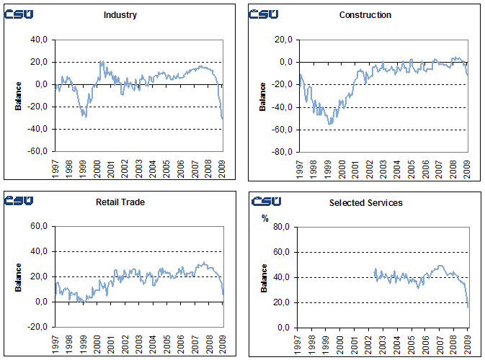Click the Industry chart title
(x=120, y=15)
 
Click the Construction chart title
(x=365, y=15)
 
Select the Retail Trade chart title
(x=120, y=202)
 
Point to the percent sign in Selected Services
(x=264, y=218)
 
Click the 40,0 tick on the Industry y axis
(x=40, y=40)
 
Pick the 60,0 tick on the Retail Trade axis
(x=40, y=227)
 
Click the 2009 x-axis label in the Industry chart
(x=222, y=168)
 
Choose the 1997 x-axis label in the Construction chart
(x=301, y=168)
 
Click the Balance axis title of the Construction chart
(x=263, y=96)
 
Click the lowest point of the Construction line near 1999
(x=330, y=125)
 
